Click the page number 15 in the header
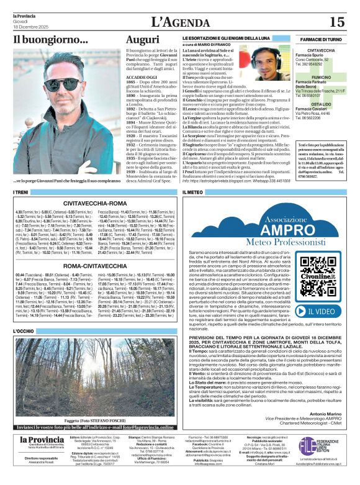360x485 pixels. point(336,22)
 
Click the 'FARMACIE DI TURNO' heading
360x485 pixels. point(322,39)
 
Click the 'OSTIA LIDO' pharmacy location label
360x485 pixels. point(322,105)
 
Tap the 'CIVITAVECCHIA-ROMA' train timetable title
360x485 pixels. point(95,202)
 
